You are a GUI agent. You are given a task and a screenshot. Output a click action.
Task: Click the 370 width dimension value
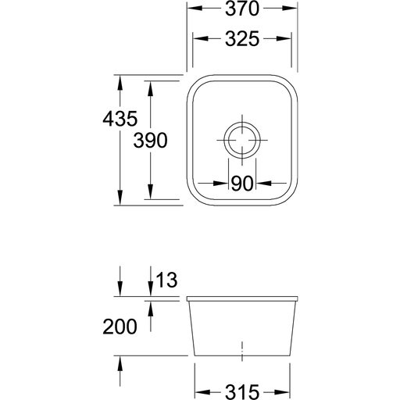pyautogui.click(x=242, y=9)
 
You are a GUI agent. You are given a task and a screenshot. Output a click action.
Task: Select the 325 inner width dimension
pyautogui.click(x=242, y=39)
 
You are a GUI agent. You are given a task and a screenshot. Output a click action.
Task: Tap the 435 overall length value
pyautogui.click(x=120, y=119)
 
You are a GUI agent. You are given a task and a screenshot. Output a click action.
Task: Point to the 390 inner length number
pyautogui.click(x=150, y=141)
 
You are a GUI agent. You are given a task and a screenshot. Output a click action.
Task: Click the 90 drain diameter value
pyautogui.click(x=242, y=184)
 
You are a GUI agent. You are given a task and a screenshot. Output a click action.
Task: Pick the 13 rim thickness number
pyautogui.click(x=166, y=280)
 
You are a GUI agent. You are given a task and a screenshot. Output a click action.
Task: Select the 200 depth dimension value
pyautogui.click(x=120, y=327)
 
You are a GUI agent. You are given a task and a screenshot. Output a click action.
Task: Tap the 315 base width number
pyautogui.click(x=242, y=392)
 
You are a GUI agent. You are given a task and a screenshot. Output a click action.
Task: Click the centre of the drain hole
pyautogui.click(x=242, y=140)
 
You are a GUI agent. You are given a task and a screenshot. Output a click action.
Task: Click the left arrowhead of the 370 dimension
pyautogui.click(x=195, y=9)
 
